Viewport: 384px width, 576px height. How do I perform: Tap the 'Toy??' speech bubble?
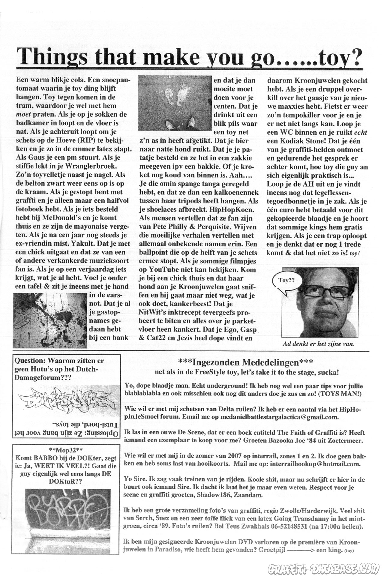[x=286, y=280]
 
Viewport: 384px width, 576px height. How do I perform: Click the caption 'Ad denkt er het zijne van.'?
[x=318, y=344]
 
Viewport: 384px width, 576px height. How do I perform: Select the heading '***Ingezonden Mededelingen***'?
[x=245, y=362]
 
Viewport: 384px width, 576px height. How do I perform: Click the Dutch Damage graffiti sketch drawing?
[x=66, y=401]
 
